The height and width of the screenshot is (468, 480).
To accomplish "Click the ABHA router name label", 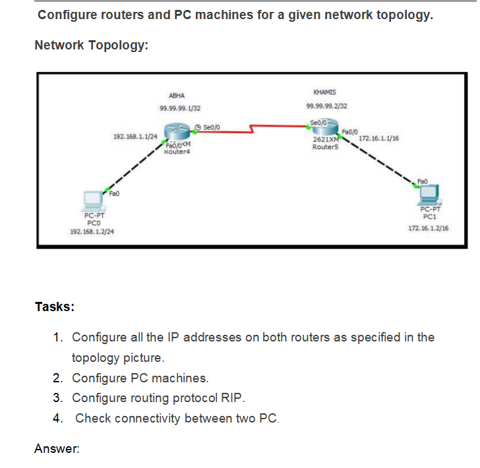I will pos(177,96).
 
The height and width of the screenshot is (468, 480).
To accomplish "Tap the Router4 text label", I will pos(176,152).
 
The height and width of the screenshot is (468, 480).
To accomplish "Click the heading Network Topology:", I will pos(91,45).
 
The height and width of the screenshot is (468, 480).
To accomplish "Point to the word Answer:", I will pos(57,449).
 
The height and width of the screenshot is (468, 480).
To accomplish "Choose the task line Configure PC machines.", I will pos(140,378).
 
